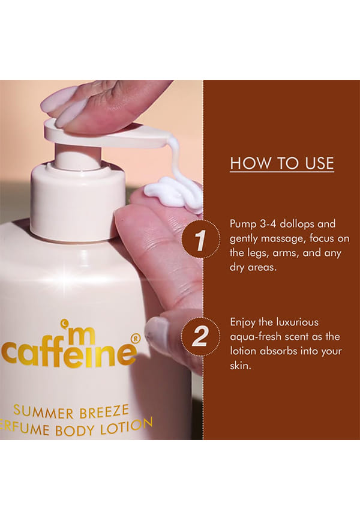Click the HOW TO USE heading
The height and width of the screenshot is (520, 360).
pyautogui.click(x=282, y=163)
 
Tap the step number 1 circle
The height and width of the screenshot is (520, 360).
pyautogui.click(x=200, y=239)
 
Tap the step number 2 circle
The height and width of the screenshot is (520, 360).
pyautogui.click(x=200, y=337)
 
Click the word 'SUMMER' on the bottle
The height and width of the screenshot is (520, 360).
pyautogui.click(x=43, y=412)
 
